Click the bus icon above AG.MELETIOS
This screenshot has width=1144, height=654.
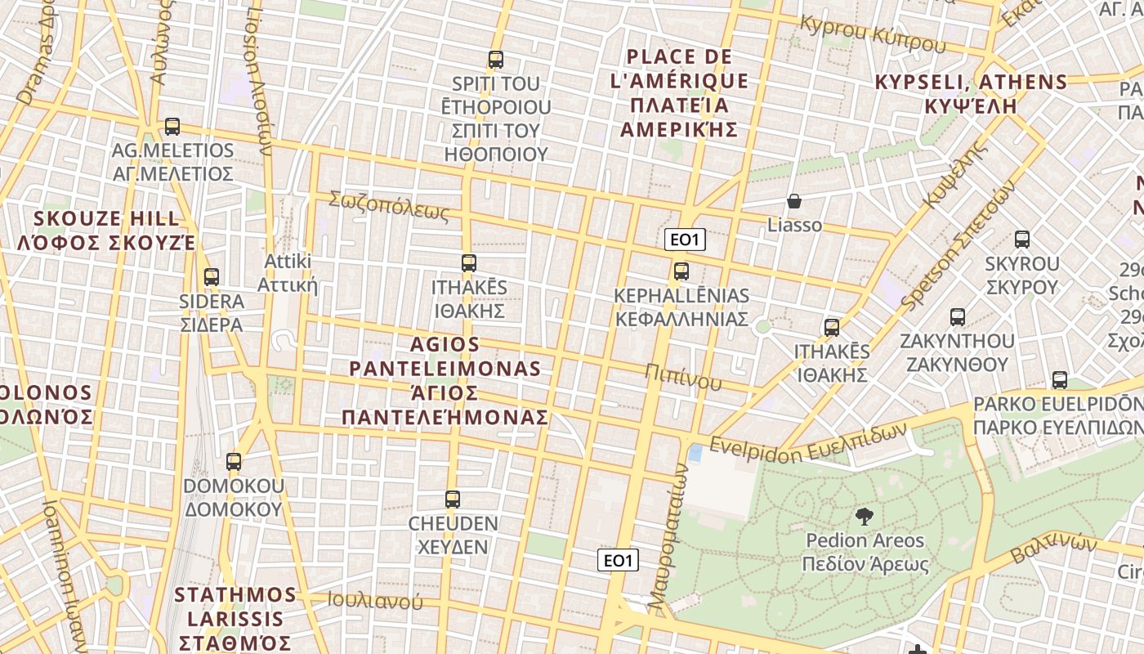pos(172,127)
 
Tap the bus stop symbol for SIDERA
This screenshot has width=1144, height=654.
pos(212,277)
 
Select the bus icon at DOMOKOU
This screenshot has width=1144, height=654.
pos(234,462)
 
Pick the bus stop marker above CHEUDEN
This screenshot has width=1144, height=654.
pos(453,499)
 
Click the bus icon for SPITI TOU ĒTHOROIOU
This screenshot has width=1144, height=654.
pos(495,60)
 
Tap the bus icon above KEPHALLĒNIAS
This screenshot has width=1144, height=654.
pos(681,271)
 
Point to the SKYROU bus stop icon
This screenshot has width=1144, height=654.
pos(1022,240)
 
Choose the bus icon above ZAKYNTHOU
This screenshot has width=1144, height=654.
pos(957,317)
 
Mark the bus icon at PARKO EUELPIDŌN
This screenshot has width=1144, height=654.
pos(1060,380)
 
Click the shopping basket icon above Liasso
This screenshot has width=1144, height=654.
pos(794,201)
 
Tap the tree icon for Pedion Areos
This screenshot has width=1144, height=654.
pos(864,516)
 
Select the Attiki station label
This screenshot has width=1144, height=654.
pos(287,273)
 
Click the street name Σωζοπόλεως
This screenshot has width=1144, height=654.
pos(389,206)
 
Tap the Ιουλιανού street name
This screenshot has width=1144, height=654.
pos(375,601)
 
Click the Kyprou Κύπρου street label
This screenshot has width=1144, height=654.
pos(873,34)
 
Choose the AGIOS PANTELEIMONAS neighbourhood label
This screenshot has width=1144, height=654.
pos(445,381)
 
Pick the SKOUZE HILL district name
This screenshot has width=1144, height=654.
pos(106,231)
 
